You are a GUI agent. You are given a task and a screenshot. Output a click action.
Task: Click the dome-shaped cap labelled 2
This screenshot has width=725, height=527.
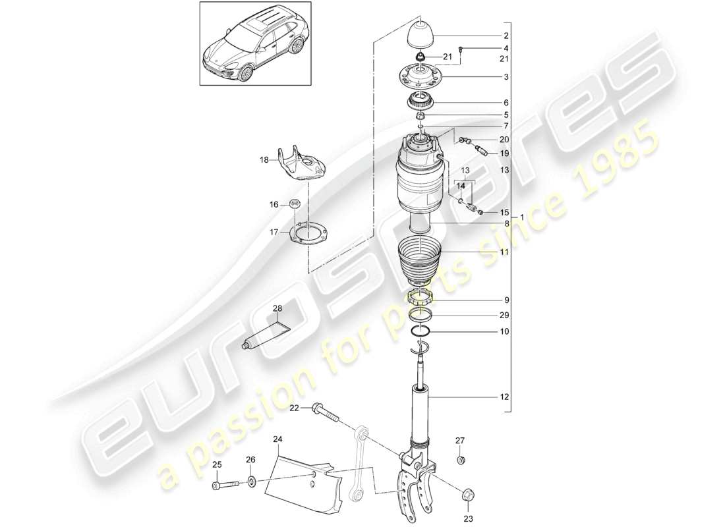(x=420, y=34)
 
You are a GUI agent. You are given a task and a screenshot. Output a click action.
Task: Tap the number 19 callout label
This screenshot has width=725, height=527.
(x=505, y=153)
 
